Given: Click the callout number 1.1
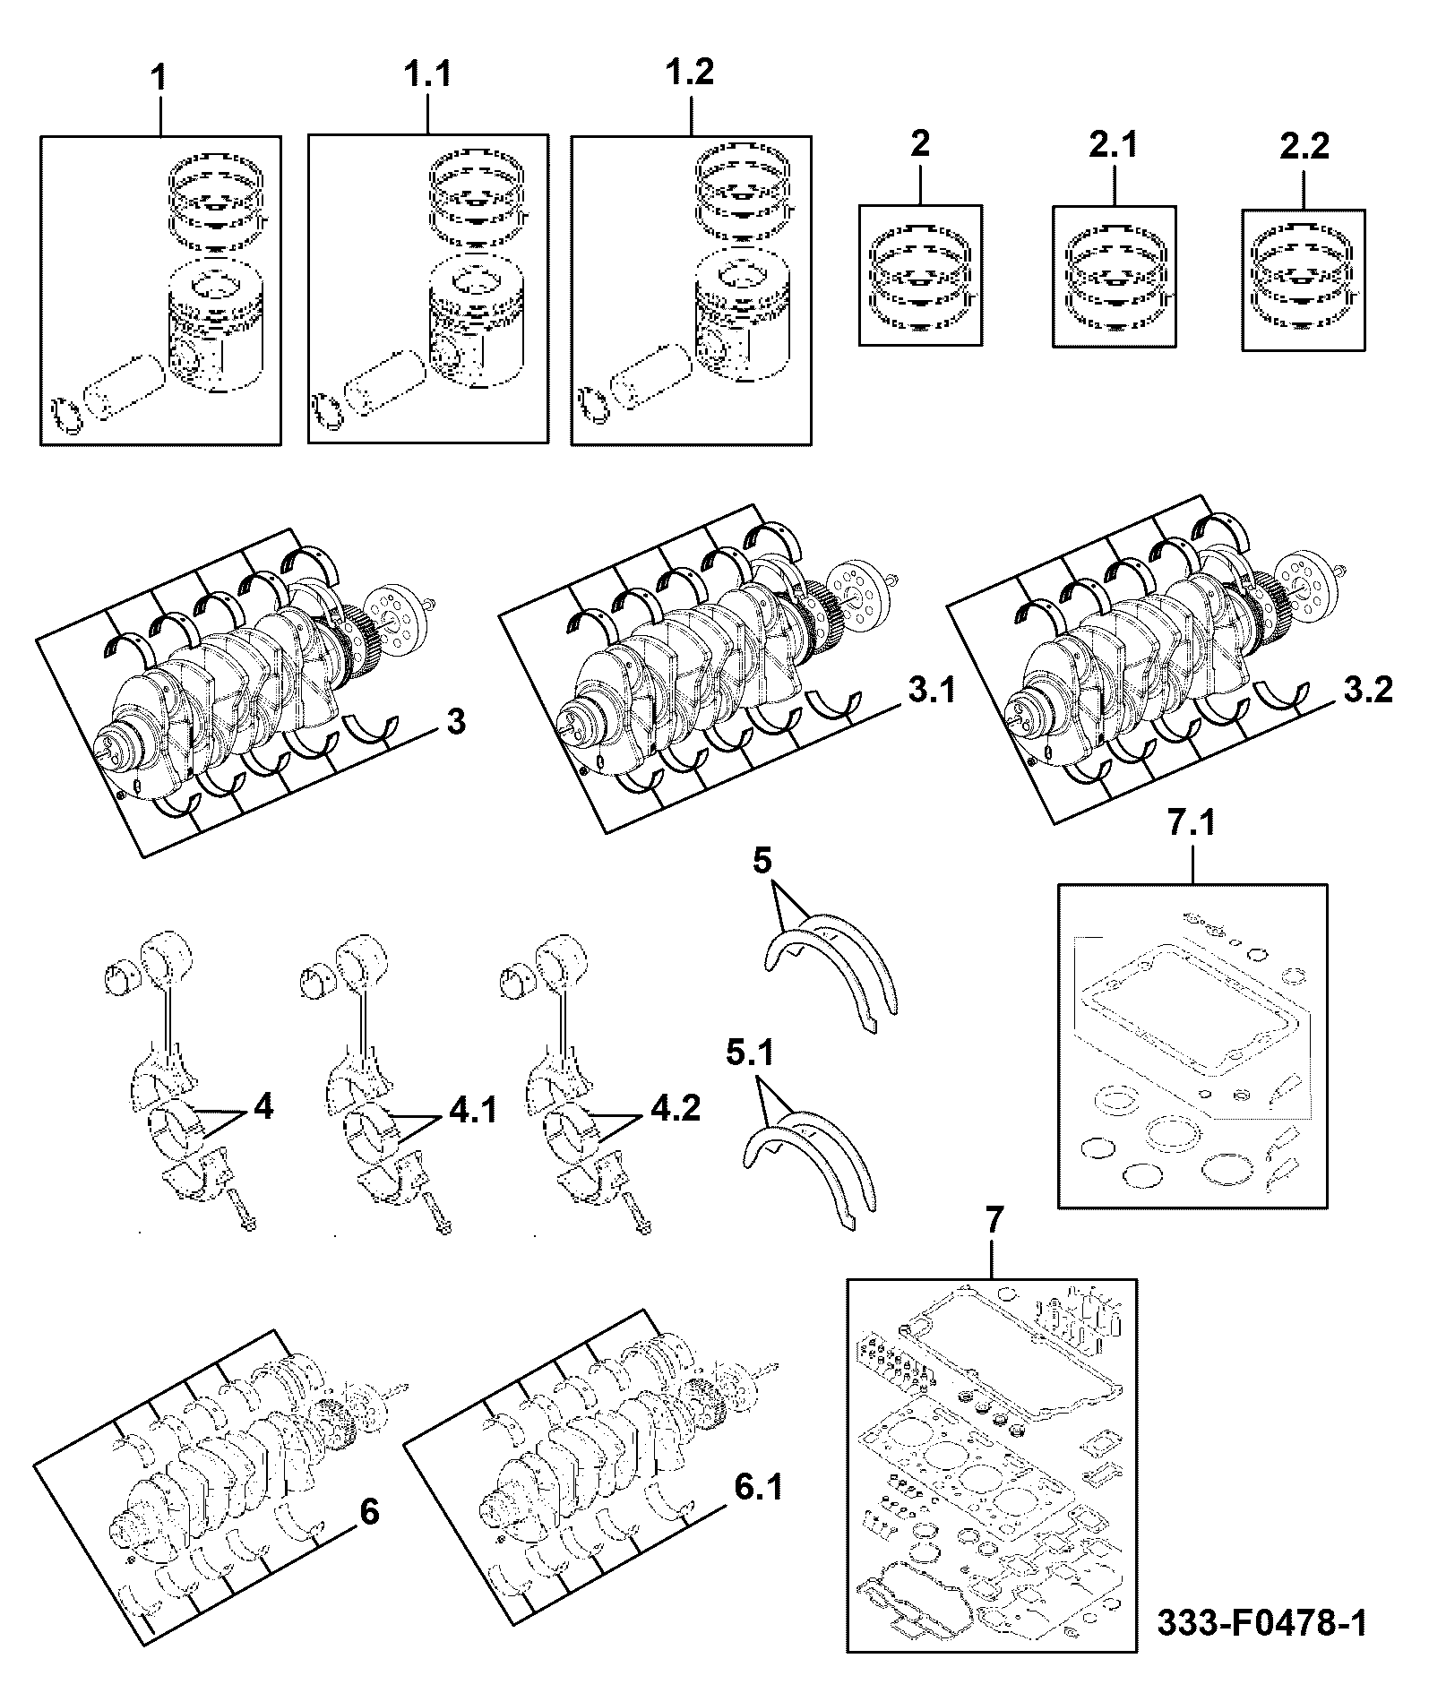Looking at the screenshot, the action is [428, 75].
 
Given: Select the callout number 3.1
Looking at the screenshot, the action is [932, 692].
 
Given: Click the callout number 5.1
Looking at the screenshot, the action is [749, 1053].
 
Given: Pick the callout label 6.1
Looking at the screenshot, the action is [757, 1489].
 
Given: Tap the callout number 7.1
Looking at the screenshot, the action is [1192, 822].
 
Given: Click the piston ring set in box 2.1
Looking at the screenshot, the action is [1115, 279].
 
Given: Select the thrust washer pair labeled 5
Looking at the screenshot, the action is [832, 972].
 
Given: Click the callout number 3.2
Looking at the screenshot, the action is [1368, 692].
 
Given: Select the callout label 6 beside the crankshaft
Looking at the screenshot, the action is [369, 1512].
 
